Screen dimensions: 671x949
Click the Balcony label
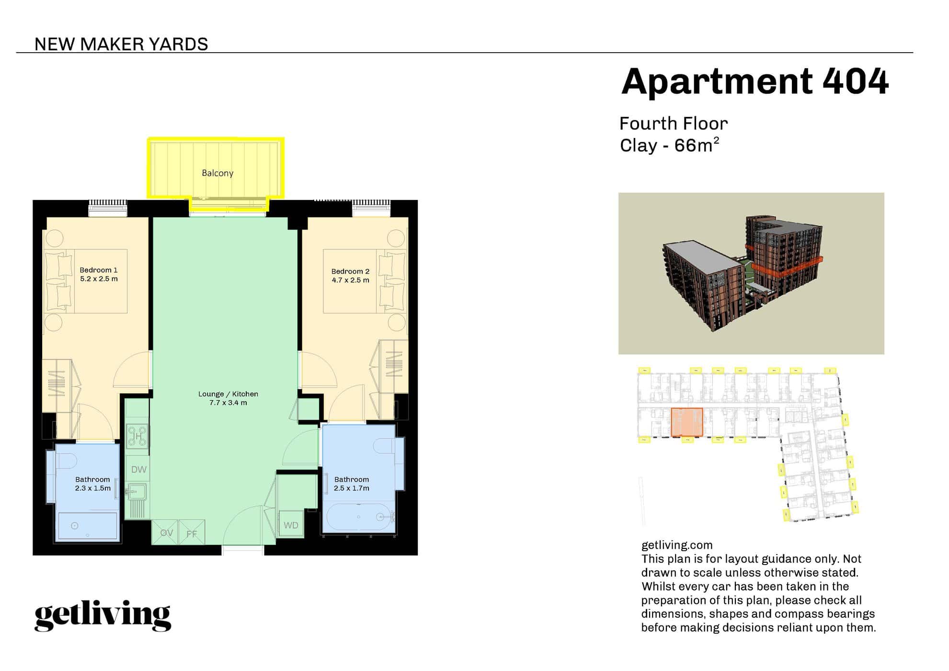(x=217, y=173)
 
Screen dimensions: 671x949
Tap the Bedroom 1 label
(x=99, y=270)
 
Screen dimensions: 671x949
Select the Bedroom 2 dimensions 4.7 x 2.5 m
(x=351, y=280)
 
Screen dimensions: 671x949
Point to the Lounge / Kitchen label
(x=228, y=394)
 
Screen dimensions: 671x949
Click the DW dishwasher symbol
(x=138, y=470)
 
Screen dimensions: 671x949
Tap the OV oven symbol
(x=166, y=533)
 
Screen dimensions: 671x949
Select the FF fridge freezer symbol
(x=192, y=533)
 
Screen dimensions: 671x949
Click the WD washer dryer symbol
(x=291, y=525)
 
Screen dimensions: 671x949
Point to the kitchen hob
(x=137, y=436)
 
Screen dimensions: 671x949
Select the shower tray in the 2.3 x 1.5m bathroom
(x=88, y=526)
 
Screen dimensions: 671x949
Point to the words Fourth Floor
(x=674, y=124)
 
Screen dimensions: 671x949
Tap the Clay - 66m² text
(x=669, y=145)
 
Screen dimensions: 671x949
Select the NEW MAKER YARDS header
(x=121, y=44)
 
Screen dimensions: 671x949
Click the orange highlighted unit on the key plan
(x=687, y=422)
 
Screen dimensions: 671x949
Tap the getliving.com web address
(x=677, y=545)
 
